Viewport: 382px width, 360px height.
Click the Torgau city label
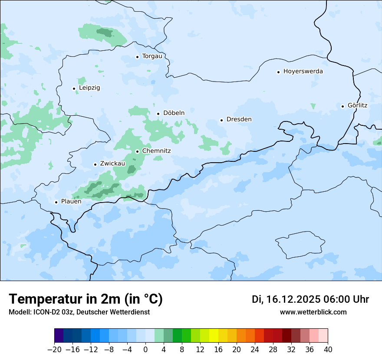[152, 56]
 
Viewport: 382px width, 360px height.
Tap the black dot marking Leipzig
[74, 88]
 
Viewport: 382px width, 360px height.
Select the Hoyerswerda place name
[303, 72]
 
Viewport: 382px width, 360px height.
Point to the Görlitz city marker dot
[342, 106]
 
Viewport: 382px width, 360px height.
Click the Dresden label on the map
[239, 119]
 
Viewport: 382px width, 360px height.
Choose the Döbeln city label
[174, 113]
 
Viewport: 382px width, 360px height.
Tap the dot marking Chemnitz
[137, 151]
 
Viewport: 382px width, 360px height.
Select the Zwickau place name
[112, 164]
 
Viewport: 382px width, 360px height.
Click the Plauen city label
[71, 202]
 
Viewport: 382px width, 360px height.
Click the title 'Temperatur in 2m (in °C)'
[86, 299]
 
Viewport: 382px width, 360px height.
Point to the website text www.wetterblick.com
[313, 312]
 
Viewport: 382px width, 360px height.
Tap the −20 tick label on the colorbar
[54, 350]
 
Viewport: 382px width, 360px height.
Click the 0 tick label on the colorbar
[145, 350]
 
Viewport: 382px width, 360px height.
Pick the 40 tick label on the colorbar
[328, 350]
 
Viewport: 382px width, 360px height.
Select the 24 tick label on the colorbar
[255, 350]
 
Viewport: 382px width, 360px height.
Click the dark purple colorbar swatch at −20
[59, 336]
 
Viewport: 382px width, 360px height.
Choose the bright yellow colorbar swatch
[214, 336]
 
